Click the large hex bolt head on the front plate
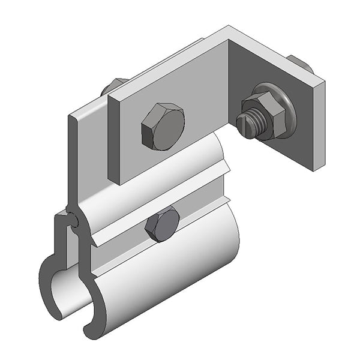(163, 127)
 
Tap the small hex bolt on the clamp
(162, 225)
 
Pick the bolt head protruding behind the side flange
(300, 63)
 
